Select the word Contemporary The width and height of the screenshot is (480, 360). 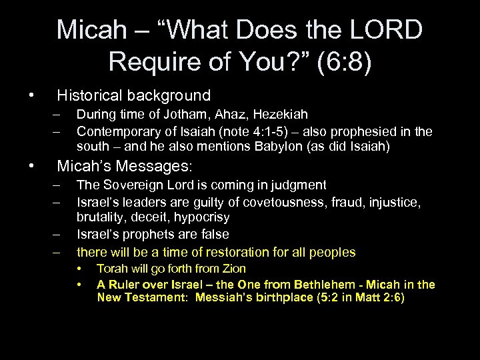point(113,131)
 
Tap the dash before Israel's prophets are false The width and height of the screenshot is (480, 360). point(59,235)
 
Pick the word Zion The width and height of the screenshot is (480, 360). point(233,269)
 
